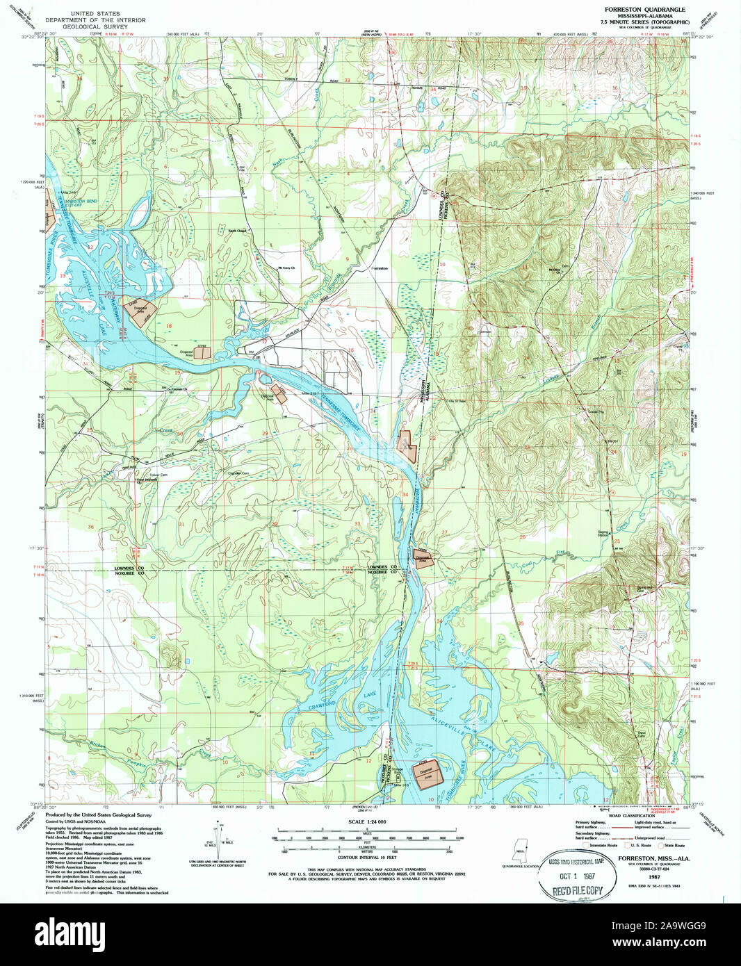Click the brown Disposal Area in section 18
click(139, 309)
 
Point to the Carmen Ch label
click(179, 388)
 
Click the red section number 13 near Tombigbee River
click(63, 276)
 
